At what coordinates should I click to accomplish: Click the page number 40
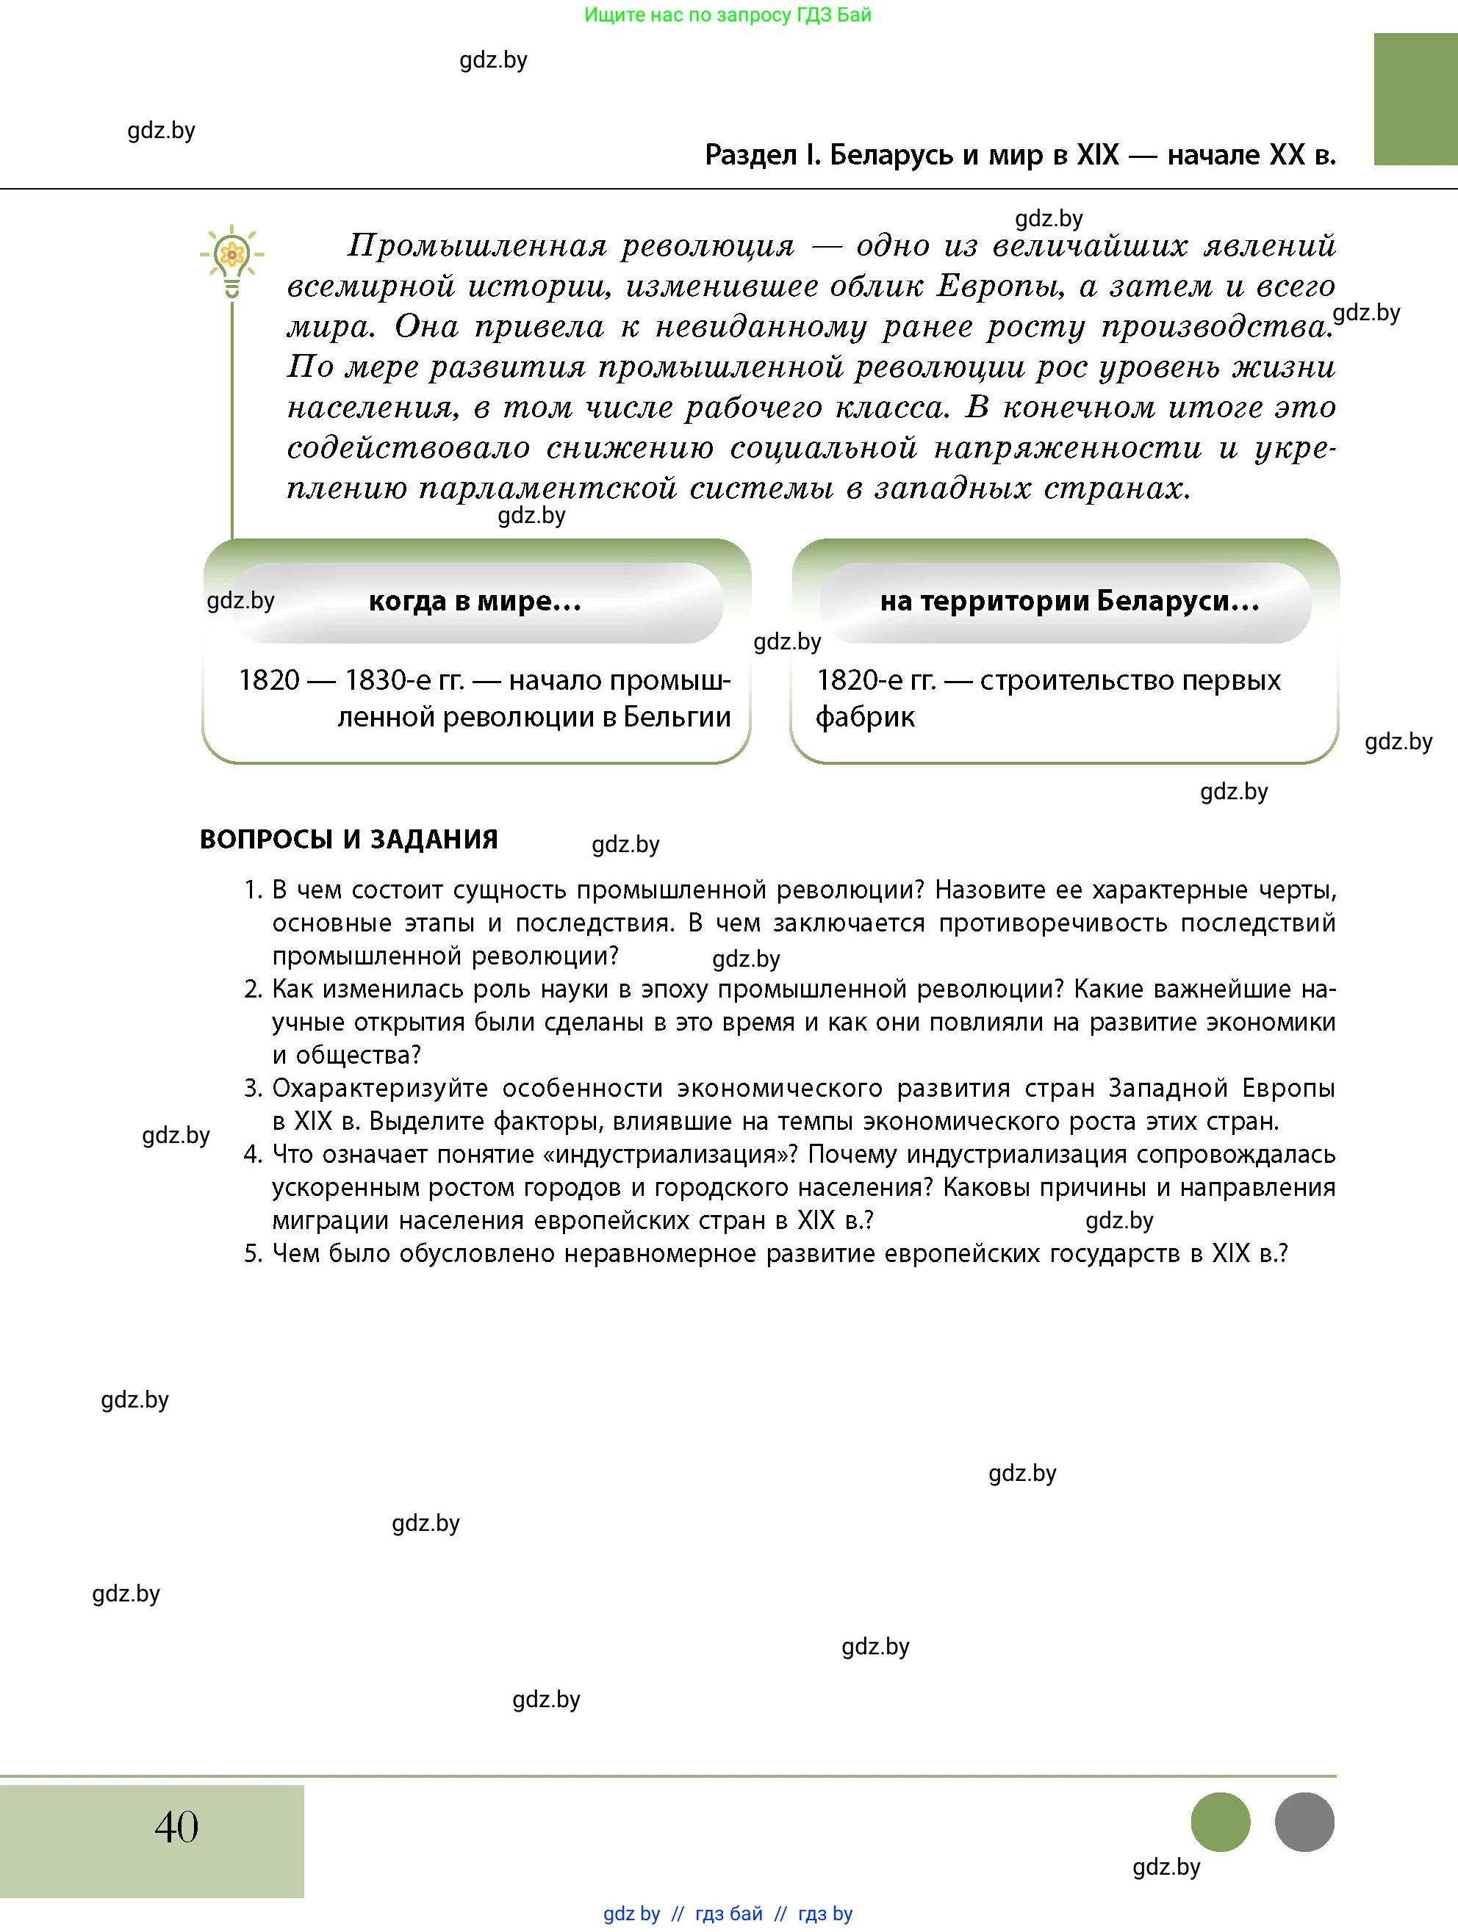[x=176, y=1826]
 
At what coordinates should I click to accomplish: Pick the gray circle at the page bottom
[x=1304, y=1822]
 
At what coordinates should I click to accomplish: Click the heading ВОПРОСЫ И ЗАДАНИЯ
[x=348, y=840]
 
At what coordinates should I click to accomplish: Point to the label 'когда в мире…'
[x=474, y=601]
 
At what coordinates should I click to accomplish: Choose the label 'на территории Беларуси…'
[x=1069, y=601]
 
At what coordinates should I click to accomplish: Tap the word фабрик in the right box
[x=865, y=717]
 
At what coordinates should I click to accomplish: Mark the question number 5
[x=253, y=1254]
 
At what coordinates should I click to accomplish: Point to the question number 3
[x=253, y=1088]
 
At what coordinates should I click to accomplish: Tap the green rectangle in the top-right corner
[x=1415, y=98]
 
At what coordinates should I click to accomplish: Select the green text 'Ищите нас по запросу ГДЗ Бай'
[x=728, y=15]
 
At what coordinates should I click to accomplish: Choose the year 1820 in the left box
[x=269, y=680]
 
